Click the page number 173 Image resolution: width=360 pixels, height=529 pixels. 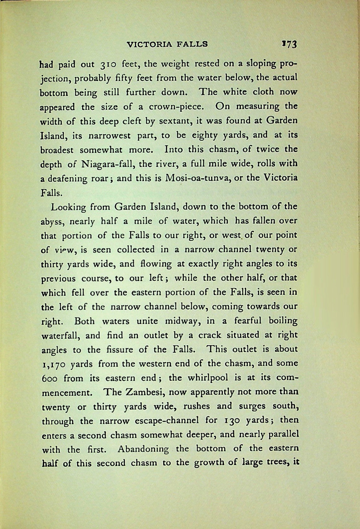[x=290, y=44]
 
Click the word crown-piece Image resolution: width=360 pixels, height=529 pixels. [x=176, y=107]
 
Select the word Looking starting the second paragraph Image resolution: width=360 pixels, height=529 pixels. [x=68, y=207]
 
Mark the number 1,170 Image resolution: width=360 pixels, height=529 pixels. [x=53, y=364]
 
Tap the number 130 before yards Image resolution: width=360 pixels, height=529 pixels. [x=229, y=421]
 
